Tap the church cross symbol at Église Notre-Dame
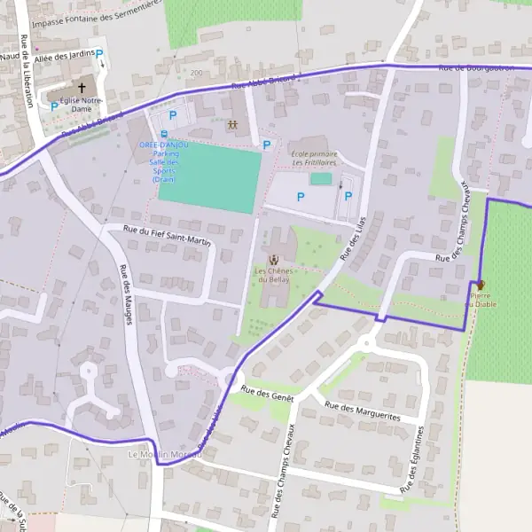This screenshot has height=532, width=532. (82, 88)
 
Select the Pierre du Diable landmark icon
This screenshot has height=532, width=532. (481, 286)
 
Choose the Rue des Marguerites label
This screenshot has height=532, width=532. (362, 410)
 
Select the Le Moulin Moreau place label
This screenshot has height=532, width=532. (165, 455)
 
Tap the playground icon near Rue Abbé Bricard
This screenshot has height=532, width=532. (232, 124)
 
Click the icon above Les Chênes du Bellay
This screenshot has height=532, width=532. (273, 258)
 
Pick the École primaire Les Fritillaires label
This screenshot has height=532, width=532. (314, 159)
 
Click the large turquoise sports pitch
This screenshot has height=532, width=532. (211, 177)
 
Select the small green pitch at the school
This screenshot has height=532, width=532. (321, 179)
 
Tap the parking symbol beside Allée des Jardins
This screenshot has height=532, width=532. (100, 54)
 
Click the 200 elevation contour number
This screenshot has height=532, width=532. (195, 74)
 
